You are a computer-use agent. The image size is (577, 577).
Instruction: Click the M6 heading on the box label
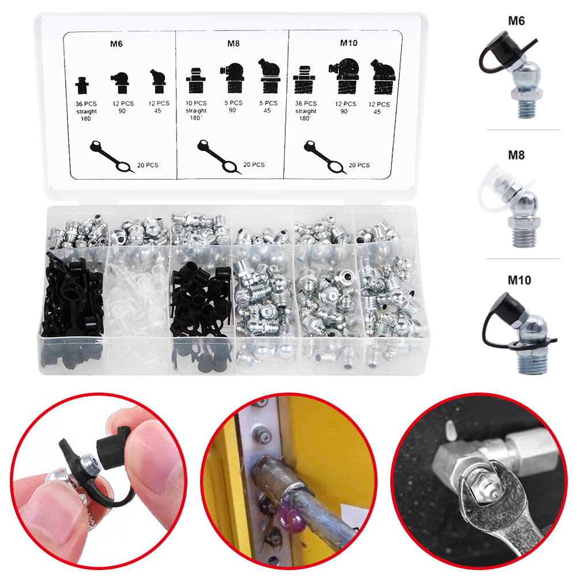pyautogui.click(x=116, y=44)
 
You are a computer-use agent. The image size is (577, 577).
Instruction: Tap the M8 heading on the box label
pyautogui.click(x=233, y=43)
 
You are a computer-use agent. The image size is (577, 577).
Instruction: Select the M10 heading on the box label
pyautogui.click(x=349, y=43)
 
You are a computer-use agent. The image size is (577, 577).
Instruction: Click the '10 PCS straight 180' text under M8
pyautogui.click(x=196, y=111)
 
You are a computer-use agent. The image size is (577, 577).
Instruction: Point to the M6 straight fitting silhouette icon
pyautogui.click(x=82, y=86)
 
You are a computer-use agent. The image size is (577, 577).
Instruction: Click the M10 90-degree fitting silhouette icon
pyautogui.click(x=344, y=76)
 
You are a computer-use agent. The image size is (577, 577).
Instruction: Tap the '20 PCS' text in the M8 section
pyautogui.click(x=254, y=164)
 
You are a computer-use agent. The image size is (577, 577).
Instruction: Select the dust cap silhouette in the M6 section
pyautogui.click(x=111, y=156)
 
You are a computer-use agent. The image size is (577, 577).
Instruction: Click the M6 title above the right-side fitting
pyautogui.click(x=516, y=21)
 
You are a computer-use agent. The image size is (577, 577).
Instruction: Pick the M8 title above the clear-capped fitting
pyautogui.click(x=516, y=155)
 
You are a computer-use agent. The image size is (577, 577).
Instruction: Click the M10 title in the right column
pyautogui.click(x=519, y=280)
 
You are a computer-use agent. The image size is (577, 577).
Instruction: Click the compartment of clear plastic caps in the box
pyautogui.click(x=137, y=295)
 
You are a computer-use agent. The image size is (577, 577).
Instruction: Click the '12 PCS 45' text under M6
pyautogui.click(x=159, y=107)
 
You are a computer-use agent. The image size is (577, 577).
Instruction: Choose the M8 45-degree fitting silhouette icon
pyautogui.click(x=270, y=76)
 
